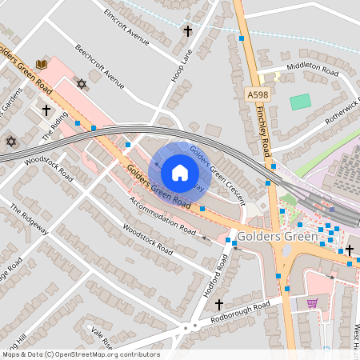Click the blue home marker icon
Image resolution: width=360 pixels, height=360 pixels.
click(180, 172)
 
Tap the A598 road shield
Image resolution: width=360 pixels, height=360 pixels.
click(257, 95)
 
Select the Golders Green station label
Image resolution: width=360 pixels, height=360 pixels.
click(276, 238)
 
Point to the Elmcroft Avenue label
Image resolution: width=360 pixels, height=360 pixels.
click(127, 26)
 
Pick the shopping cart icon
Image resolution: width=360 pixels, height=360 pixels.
click(312, 303)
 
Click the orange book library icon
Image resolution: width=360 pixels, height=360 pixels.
click(42, 63)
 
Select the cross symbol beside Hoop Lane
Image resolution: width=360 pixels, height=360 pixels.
click(188, 31)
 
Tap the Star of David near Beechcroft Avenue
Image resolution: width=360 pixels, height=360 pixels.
click(80, 83)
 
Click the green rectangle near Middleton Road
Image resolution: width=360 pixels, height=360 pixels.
click(300, 102)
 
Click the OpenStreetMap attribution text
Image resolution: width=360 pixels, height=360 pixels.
click(80, 354)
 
